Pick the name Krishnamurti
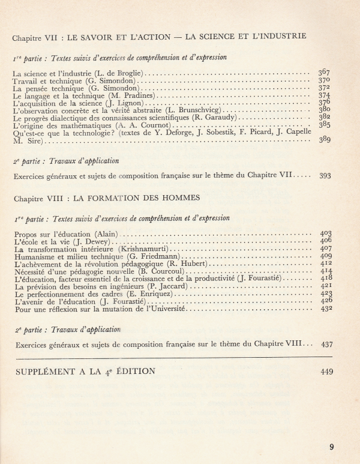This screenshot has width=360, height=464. point(143,249)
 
